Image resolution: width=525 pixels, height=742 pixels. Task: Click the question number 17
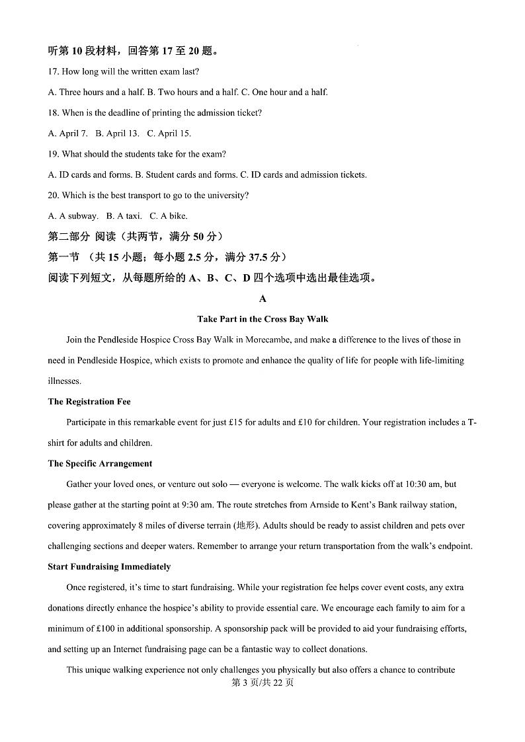[53, 71]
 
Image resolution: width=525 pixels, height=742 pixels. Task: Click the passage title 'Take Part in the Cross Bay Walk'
[262, 319]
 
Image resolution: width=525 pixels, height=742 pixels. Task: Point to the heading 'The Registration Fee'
[89, 402]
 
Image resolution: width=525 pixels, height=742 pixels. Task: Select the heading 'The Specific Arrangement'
[100, 464]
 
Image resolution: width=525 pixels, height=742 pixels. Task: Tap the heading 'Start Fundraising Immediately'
[109, 567]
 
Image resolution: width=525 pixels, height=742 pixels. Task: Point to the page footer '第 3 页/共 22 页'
[262, 683]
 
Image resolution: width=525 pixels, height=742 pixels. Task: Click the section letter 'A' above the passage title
[262, 299]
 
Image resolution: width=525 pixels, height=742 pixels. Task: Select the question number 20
[53, 196]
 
